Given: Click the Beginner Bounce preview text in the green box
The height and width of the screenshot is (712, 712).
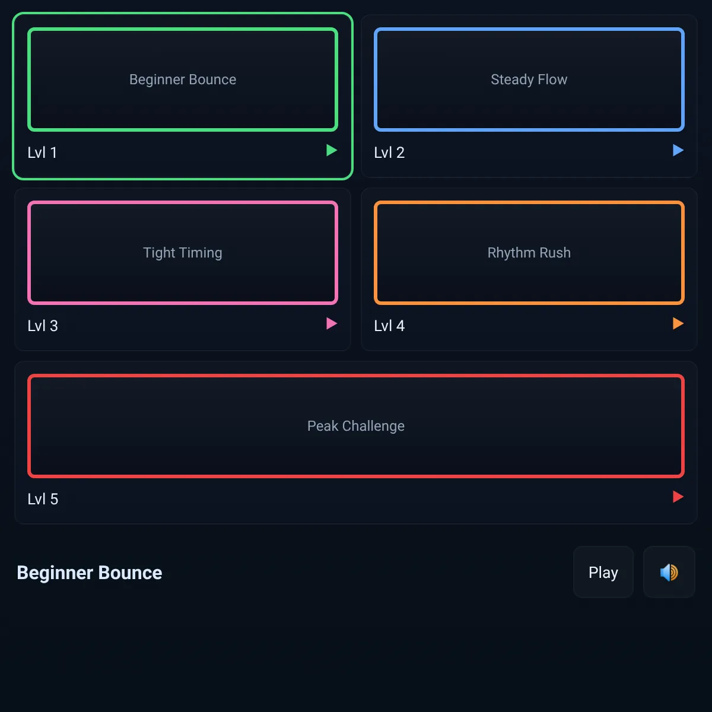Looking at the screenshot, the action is pyautogui.click(x=183, y=80).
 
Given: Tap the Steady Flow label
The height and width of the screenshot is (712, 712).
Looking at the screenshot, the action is pyautogui.click(x=529, y=80).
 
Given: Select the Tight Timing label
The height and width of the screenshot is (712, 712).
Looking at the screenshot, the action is pyautogui.click(x=183, y=253).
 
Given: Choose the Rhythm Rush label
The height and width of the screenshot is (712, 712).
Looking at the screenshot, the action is pyautogui.click(x=529, y=253).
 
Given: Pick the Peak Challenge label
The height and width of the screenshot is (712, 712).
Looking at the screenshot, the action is pyautogui.click(x=356, y=426).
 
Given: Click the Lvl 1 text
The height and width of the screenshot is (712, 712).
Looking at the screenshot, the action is pyautogui.click(x=42, y=152).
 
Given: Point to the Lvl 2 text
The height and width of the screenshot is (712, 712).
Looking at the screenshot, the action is pyautogui.click(x=389, y=152).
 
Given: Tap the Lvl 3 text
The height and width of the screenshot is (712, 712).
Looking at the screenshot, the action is pyautogui.click(x=43, y=326).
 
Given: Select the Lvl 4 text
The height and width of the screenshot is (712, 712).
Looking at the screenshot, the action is pyautogui.click(x=389, y=326).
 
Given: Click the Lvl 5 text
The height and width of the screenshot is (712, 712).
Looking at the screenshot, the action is pyautogui.click(x=43, y=499).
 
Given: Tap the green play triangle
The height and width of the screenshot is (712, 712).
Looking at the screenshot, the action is pyautogui.click(x=331, y=150).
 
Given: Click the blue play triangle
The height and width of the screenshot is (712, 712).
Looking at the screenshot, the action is pyautogui.click(x=678, y=150).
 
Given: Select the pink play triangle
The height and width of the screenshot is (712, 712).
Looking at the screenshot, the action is pyautogui.click(x=331, y=324).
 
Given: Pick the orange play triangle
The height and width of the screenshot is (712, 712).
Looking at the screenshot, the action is pyautogui.click(x=678, y=324).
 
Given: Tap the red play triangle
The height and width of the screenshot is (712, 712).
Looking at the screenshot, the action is pyautogui.click(x=678, y=497).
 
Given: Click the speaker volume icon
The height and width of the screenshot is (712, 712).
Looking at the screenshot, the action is pyautogui.click(x=669, y=573).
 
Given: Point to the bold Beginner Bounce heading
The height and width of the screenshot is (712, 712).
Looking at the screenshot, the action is pyautogui.click(x=90, y=573).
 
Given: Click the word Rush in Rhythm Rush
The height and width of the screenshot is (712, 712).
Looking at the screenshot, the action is pyautogui.click(x=555, y=253).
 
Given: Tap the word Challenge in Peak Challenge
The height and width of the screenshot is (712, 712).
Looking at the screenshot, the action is pyautogui.click(x=373, y=426).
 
